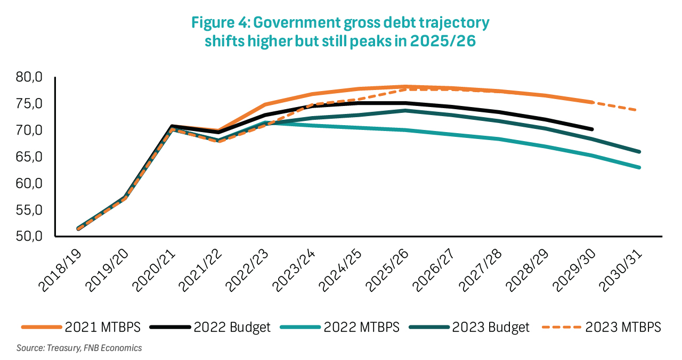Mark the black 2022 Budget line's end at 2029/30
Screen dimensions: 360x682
click(x=592, y=129)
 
